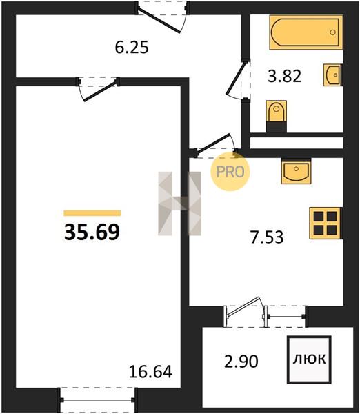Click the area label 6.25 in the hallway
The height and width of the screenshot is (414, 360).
tap(132, 48)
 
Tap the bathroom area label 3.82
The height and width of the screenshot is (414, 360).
tap(285, 76)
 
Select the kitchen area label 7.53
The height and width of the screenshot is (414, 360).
tap(267, 237)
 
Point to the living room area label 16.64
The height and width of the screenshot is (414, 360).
tap(150, 371)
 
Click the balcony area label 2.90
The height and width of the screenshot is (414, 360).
tap(241, 362)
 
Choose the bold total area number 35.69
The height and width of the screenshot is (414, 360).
tap(92, 232)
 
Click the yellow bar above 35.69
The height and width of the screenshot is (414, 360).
tap(92, 213)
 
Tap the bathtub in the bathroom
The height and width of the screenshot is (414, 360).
tap(306, 32)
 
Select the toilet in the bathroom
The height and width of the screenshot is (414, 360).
tap(277, 116)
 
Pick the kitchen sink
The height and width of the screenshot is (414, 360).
tap(296, 171)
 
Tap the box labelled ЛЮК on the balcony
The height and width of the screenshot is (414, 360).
tap(309, 359)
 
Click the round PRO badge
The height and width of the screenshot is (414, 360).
tap(230, 172)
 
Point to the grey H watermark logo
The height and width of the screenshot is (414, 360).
tap(179, 204)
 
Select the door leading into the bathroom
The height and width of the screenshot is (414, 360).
tap(239, 79)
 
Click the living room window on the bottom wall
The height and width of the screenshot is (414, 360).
tap(98, 400)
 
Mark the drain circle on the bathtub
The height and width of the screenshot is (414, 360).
tap(332, 32)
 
